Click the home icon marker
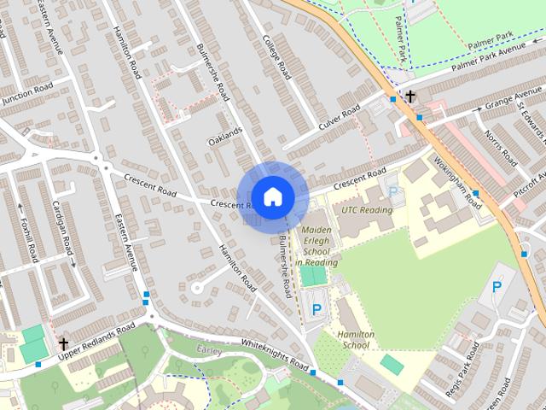pyautogui.click(x=271, y=197)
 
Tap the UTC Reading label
pyautogui.click(x=367, y=210)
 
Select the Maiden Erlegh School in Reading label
pyautogui.click(x=317, y=246)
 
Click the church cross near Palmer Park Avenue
pyautogui.click(x=411, y=97)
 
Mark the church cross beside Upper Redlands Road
pyautogui.click(x=63, y=344)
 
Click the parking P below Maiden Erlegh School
pyautogui.click(x=317, y=309)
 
